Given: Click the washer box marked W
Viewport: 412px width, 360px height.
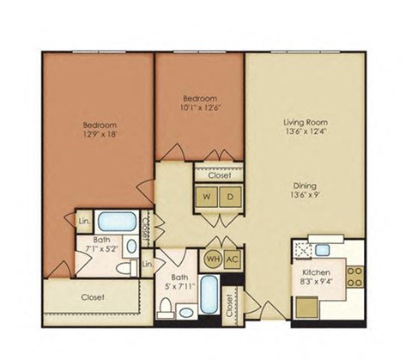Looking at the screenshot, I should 207,195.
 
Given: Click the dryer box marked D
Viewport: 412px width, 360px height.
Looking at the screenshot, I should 230,195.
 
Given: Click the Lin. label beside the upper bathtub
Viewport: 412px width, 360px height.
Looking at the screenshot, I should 83,220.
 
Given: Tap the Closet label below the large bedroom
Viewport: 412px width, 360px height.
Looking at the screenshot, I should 94,297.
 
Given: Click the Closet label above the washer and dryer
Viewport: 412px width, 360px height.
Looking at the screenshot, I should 218,174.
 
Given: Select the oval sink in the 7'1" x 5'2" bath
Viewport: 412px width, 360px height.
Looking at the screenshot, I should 131,247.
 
